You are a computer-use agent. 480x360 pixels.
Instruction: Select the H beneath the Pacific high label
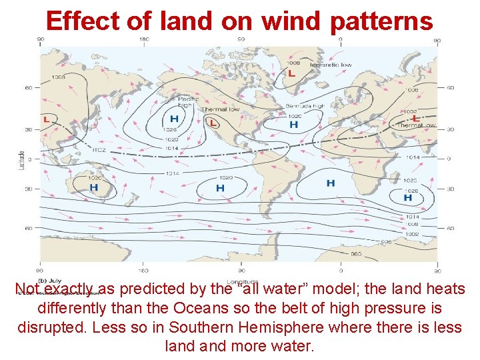click(x=174, y=119)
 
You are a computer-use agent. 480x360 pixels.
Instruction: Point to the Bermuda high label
click(x=305, y=106)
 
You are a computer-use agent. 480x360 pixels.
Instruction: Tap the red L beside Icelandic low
click(x=292, y=73)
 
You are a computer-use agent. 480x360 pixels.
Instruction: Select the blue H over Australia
click(x=93, y=188)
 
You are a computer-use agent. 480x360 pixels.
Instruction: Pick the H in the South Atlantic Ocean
click(x=331, y=183)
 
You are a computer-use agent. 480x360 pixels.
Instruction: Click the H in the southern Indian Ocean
click(x=408, y=197)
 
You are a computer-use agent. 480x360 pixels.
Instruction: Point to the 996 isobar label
click(x=386, y=242)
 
